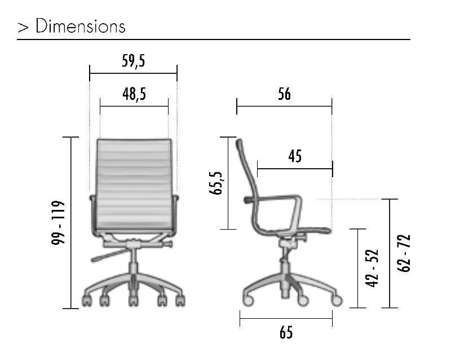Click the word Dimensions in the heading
tap(81, 27)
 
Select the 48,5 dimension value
tap(134, 94)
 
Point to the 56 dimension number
tap(284, 94)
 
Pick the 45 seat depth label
tap(294, 157)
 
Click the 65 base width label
tap(286, 333)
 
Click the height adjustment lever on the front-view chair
tap(107, 256)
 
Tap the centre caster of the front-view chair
tap(132, 300)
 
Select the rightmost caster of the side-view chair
tap(337, 301)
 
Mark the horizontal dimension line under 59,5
tap(133, 73)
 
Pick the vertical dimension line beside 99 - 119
tap(71, 222)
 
